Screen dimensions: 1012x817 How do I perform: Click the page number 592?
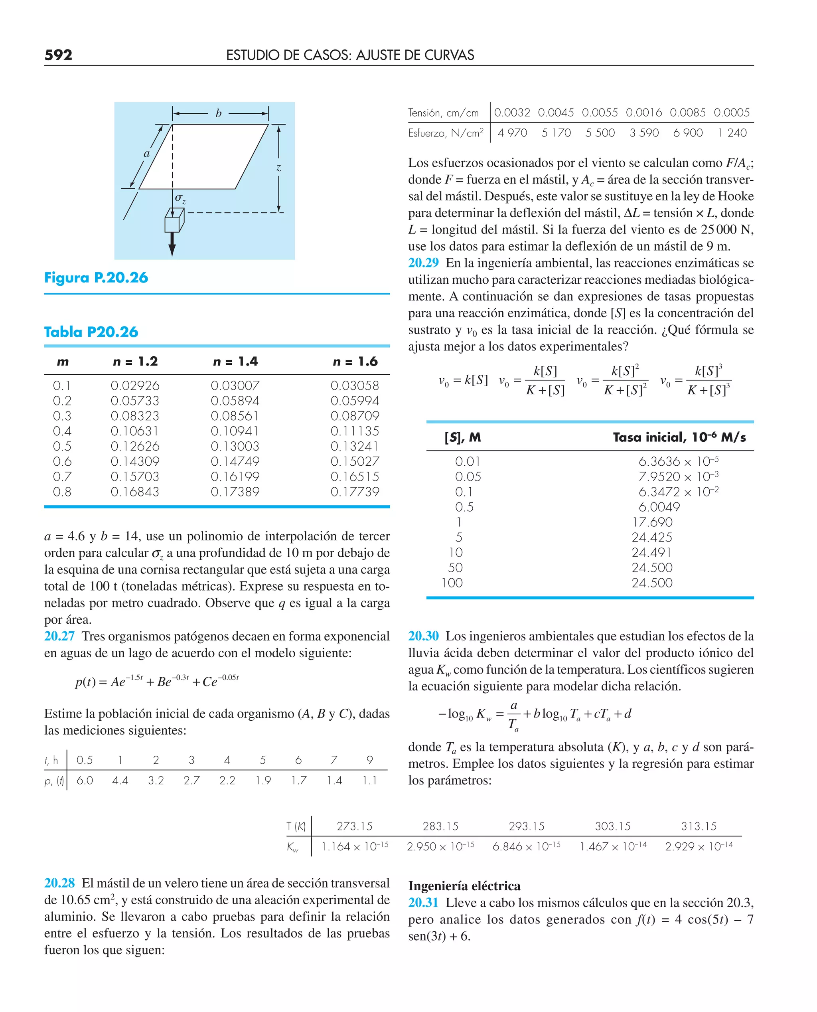[x=58, y=55]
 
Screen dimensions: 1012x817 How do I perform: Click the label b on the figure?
[x=218, y=113]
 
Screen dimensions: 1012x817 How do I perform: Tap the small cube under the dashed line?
[x=174, y=221]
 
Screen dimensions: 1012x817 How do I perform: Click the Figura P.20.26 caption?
[x=96, y=278]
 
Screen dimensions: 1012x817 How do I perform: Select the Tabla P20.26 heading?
[x=91, y=332]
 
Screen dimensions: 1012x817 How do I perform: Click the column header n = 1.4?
[x=235, y=362]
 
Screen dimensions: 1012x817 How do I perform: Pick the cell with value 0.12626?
[x=135, y=446]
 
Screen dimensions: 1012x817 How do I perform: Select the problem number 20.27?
[x=59, y=636]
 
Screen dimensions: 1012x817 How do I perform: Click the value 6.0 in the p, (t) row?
[x=85, y=781]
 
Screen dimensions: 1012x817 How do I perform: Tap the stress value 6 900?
[x=688, y=133]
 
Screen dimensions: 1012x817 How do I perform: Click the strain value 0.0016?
[x=643, y=113]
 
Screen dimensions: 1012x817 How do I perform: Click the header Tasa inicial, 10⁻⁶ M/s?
[x=679, y=437]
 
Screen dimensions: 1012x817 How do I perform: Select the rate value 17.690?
[x=652, y=522]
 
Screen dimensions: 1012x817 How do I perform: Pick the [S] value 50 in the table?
[x=455, y=568]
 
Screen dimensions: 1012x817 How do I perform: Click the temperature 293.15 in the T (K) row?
[x=526, y=826]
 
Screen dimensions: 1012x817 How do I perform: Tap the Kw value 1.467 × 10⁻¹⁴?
[x=613, y=846]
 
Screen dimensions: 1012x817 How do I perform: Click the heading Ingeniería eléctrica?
[x=464, y=886]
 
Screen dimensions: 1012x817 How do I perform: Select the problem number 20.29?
[x=423, y=263]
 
